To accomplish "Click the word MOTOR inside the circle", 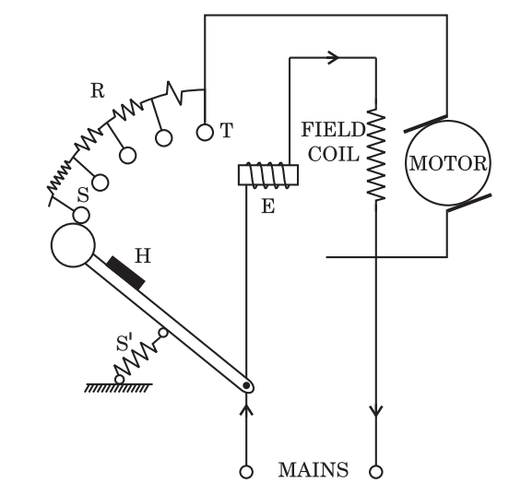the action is [448, 163].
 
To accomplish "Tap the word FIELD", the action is [334, 130].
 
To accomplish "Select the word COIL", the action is [334, 154].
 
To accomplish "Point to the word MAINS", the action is [314, 470].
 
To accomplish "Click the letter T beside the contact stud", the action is [227, 130].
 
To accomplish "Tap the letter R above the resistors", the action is [98, 90].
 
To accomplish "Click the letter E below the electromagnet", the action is [268, 206].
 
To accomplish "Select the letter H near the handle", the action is [143, 255].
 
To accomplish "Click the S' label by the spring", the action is [125, 343].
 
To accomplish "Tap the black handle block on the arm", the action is [125, 273].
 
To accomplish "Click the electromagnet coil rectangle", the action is [268, 175].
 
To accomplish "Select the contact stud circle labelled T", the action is [205, 133].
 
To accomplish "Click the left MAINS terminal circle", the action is [246, 472].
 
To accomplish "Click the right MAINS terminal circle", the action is [376, 472].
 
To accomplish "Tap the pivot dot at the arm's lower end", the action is [246, 385].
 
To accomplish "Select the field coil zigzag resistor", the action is [376, 154].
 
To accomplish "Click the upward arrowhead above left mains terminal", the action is [246, 409].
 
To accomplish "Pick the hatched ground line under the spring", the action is [118, 387].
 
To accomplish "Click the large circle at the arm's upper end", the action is [73, 245].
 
